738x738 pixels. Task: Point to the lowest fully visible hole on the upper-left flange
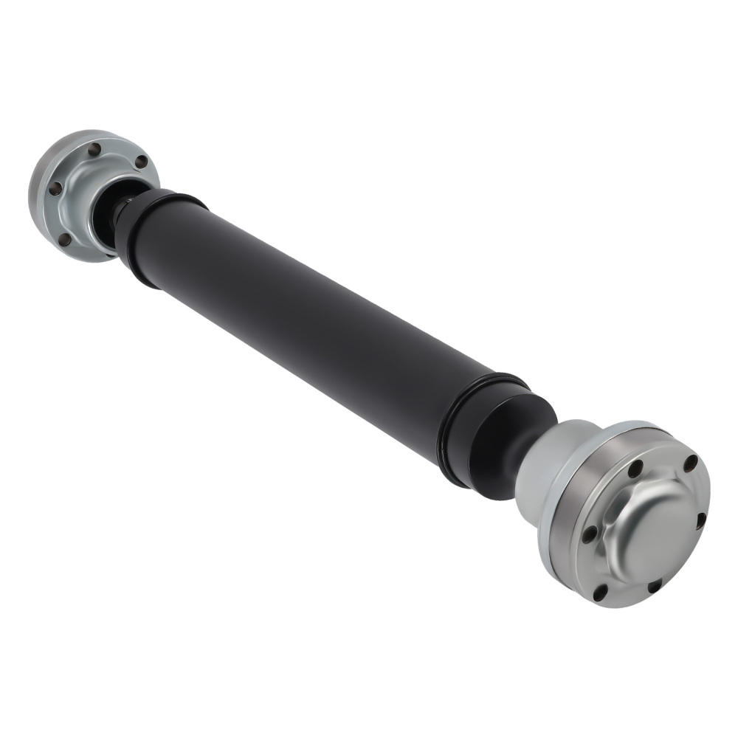coord(66,238)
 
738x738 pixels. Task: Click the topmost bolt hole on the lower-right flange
coord(691,463)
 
